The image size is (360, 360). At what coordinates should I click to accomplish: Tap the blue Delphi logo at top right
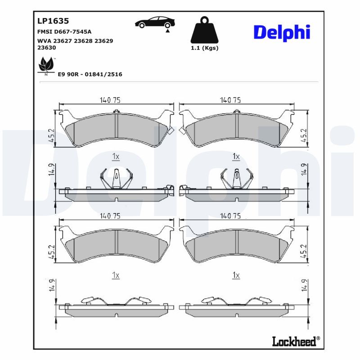tap(282, 32)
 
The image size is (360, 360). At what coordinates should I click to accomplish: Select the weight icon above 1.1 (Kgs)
tap(204, 31)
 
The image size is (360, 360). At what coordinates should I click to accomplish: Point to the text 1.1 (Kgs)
tap(204, 48)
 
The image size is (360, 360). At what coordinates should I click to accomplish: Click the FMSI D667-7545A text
tap(64, 32)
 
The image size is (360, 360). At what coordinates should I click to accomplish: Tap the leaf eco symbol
tap(45, 66)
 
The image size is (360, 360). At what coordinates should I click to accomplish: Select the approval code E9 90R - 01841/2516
tap(90, 74)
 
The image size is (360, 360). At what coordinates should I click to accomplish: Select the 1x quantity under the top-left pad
tap(115, 156)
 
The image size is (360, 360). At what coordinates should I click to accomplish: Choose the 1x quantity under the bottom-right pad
tap(236, 274)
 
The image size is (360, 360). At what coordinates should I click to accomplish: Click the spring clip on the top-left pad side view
tap(116, 178)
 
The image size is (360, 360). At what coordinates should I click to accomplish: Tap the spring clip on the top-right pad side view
tap(236, 178)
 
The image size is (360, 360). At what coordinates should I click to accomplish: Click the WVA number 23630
tap(46, 47)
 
